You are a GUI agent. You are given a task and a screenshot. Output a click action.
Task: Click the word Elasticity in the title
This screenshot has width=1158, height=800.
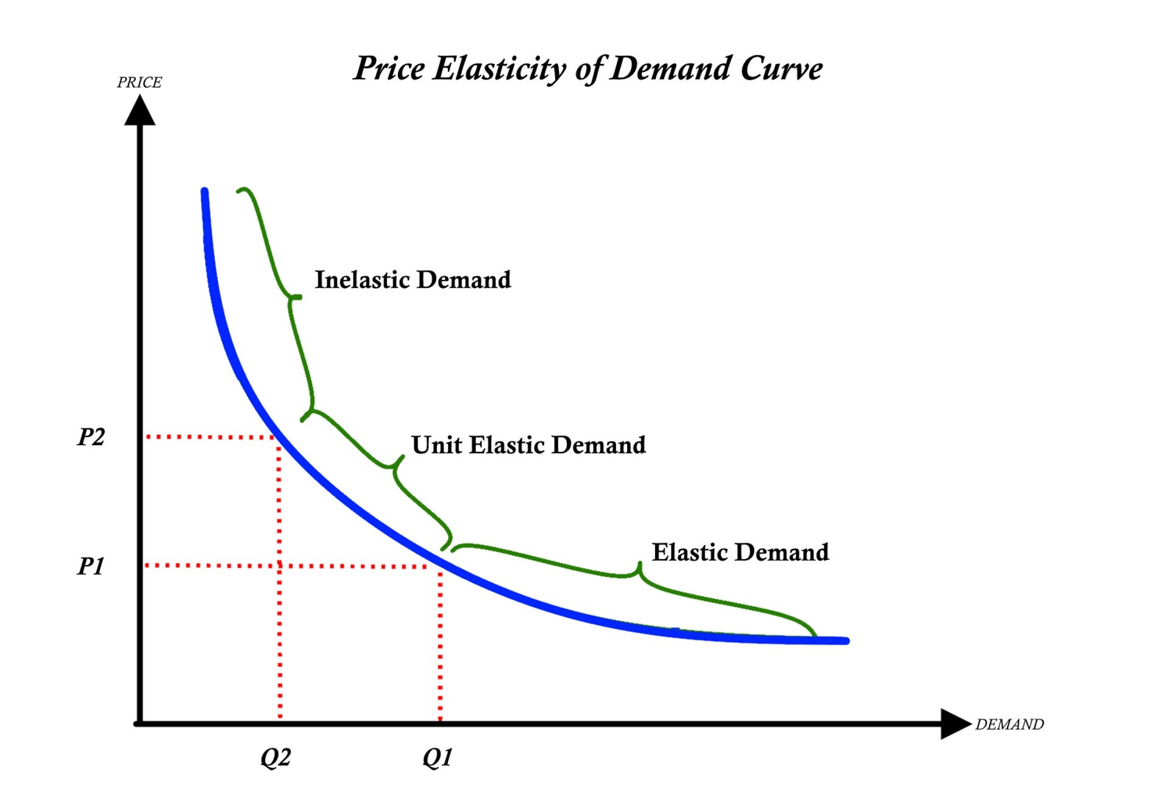click(500, 69)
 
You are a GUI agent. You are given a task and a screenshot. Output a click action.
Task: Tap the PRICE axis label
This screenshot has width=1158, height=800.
click(140, 82)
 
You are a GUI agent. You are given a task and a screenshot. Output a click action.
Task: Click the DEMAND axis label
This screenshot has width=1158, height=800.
click(1009, 724)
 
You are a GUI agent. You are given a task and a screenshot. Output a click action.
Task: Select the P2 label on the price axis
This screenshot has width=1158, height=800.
click(91, 437)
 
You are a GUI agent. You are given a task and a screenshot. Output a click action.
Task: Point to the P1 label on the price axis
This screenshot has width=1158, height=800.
click(91, 566)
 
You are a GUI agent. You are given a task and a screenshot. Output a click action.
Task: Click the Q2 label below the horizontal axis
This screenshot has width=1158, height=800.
click(275, 757)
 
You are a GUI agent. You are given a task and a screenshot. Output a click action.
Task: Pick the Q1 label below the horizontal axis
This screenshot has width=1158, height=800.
click(438, 757)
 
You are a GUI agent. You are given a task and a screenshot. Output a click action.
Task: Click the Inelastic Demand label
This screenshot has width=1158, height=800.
click(413, 280)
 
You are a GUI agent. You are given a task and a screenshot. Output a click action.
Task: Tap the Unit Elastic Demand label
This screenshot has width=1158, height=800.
click(528, 445)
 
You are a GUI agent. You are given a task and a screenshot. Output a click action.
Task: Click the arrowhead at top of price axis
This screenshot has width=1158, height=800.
click(140, 111)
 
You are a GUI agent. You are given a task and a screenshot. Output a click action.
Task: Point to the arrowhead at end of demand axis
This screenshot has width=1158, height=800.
click(955, 724)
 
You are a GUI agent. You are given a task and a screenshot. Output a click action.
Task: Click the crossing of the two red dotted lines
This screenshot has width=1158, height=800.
click(279, 566)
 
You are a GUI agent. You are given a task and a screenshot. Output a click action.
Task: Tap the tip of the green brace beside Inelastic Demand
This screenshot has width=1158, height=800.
click(299, 297)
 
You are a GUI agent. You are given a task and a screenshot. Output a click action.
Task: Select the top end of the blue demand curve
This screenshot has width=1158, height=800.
click(204, 191)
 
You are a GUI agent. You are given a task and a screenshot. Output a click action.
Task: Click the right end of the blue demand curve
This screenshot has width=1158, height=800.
click(846, 641)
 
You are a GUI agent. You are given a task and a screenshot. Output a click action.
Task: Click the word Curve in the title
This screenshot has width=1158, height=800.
click(781, 69)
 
